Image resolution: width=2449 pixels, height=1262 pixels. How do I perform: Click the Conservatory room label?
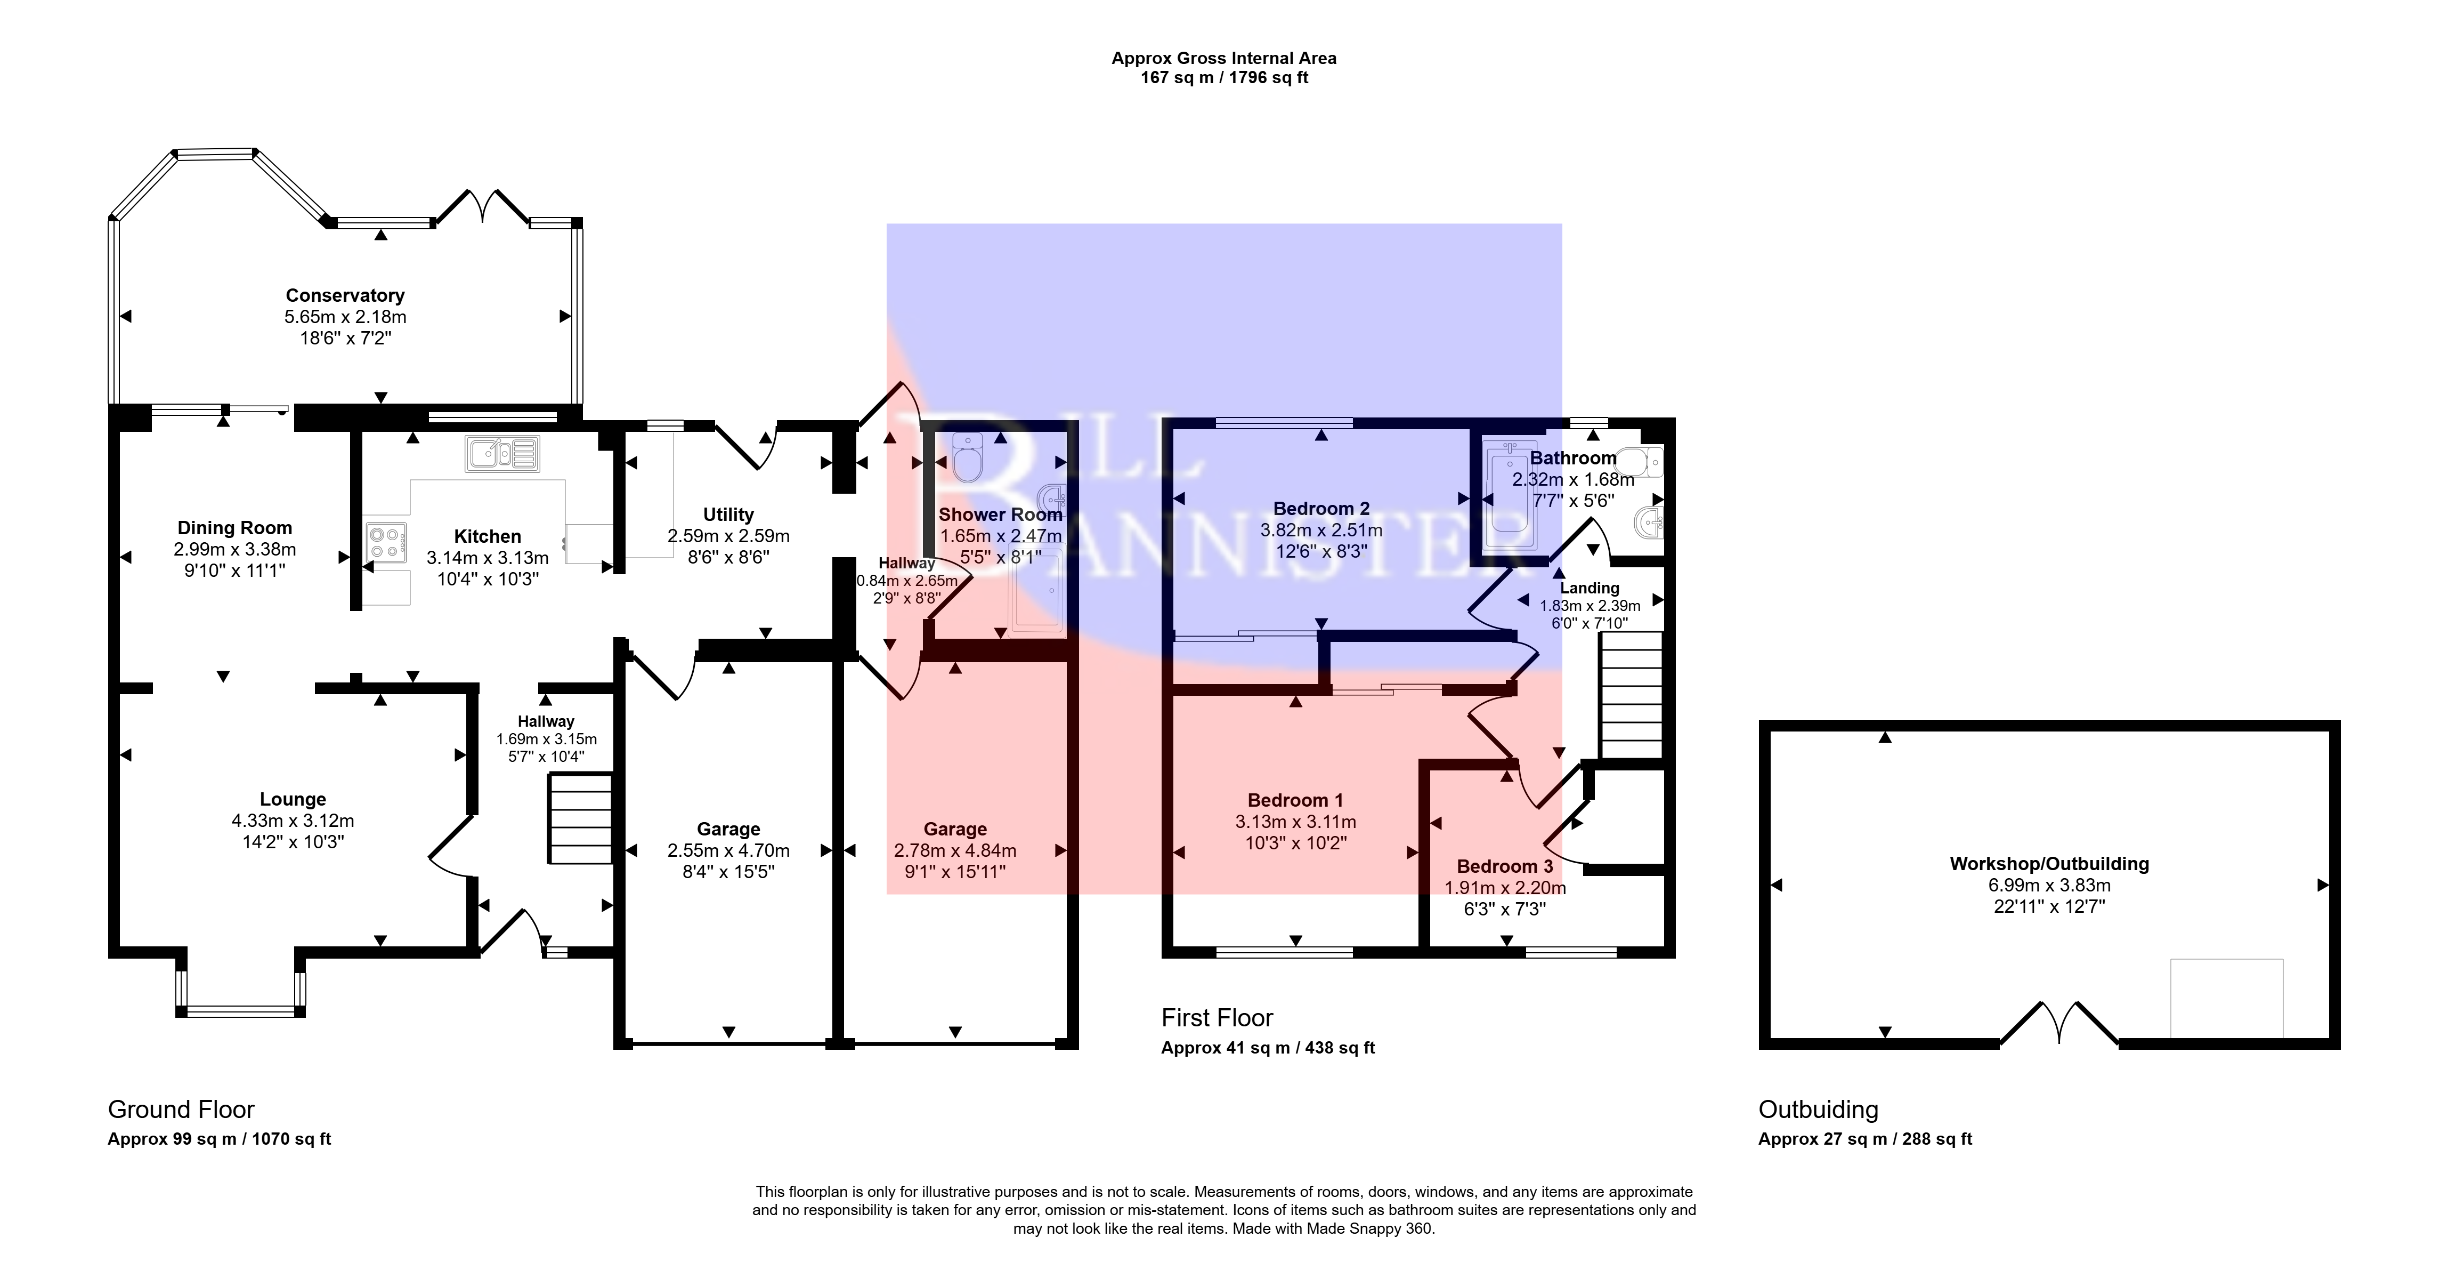click(x=345, y=296)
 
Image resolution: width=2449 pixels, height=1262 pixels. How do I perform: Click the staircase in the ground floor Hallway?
click(x=580, y=819)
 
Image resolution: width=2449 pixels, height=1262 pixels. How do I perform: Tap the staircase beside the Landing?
click(x=1632, y=694)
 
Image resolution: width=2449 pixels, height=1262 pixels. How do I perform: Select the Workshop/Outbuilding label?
click(x=2049, y=864)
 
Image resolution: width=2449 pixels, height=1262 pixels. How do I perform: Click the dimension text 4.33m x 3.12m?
click(x=293, y=821)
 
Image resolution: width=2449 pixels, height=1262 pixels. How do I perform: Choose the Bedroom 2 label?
click(x=1321, y=509)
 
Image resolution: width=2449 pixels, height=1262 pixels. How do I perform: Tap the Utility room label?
click(x=728, y=515)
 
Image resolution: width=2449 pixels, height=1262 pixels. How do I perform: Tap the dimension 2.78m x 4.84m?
click(x=955, y=850)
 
